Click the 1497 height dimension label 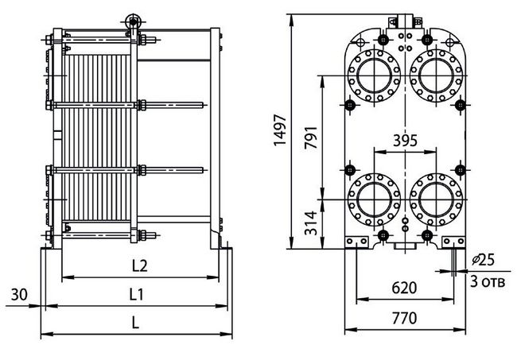tap(280, 130)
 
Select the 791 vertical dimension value tap(311, 137)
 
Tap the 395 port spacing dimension tap(405, 141)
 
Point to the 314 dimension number tap(311, 223)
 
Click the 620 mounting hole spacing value tap(404, 288)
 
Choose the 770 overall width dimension tap(405, 318)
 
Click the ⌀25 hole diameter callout tap(484, 260)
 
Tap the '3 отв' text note tap(488, 281)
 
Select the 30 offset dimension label tap(19, 295)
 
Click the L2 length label tap(140, 265)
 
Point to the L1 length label tap(137, 294)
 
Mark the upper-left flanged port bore tap(374, 75)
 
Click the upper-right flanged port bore tap(436, 75)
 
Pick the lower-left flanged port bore tap(374, 199)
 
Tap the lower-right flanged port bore tap(436, 199)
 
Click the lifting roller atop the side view tap(133, 21)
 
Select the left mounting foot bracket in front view tap(356, 242)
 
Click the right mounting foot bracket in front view tap(453, 242)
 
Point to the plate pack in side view tap(96, 137)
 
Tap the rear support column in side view tap(215, 138)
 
